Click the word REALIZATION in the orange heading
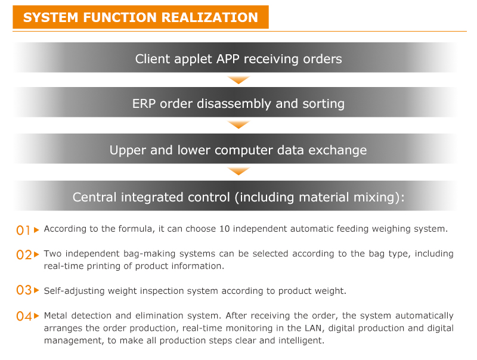point(210,17)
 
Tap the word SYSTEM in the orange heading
point(51,17)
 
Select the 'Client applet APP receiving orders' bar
point(235,58)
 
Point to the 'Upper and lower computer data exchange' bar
point(235,149)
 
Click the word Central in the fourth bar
point(94,197)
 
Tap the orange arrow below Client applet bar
point(239,80)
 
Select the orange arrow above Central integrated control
point(239,172)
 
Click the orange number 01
point(23,230)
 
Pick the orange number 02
point(24,255)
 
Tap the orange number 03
point(24,290)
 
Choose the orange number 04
point(24,316)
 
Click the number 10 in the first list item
point(225,229)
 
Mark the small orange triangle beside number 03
point(36,290)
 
